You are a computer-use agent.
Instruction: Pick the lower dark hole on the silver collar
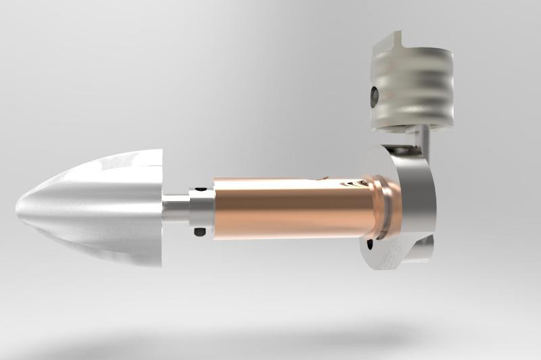199,232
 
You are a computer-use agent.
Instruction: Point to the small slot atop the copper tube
323,179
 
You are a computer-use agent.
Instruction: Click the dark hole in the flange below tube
370,243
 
